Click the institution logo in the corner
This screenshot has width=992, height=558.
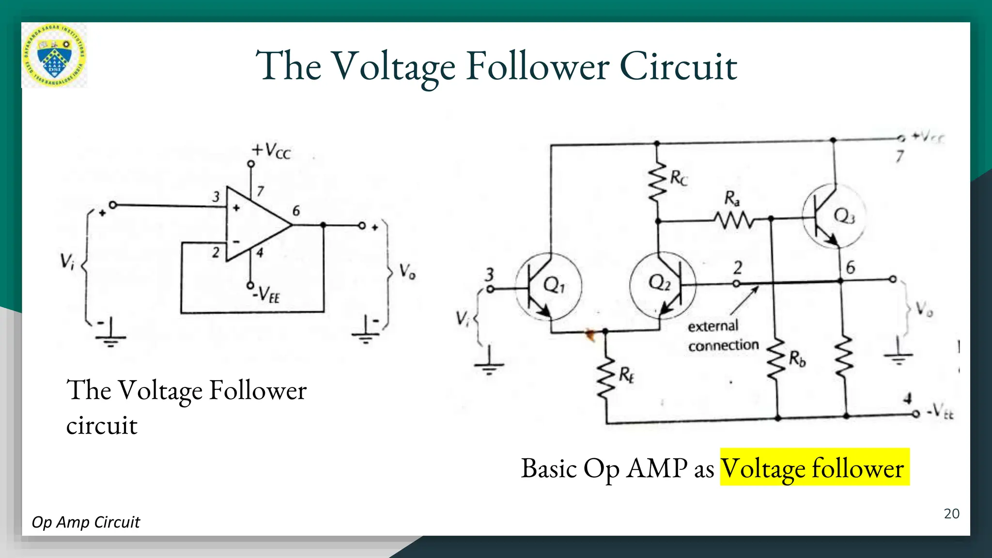pos(54,55)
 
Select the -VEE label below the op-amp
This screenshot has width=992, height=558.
pos(267,294)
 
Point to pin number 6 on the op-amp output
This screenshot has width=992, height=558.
pos(296,211)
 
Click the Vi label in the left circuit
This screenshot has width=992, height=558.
pos(67,262)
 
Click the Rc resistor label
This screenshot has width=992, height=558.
pos(679,178)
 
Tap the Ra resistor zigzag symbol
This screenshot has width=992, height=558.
pos(734,221)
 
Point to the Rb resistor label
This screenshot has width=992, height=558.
pos(797,359)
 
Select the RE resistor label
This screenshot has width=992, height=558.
pos(626,375)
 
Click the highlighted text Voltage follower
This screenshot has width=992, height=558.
pos(814,468)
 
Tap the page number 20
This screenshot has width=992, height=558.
pos(951,514)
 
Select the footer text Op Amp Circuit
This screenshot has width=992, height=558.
pos(86,522)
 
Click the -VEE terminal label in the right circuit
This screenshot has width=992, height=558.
pos(940,413)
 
